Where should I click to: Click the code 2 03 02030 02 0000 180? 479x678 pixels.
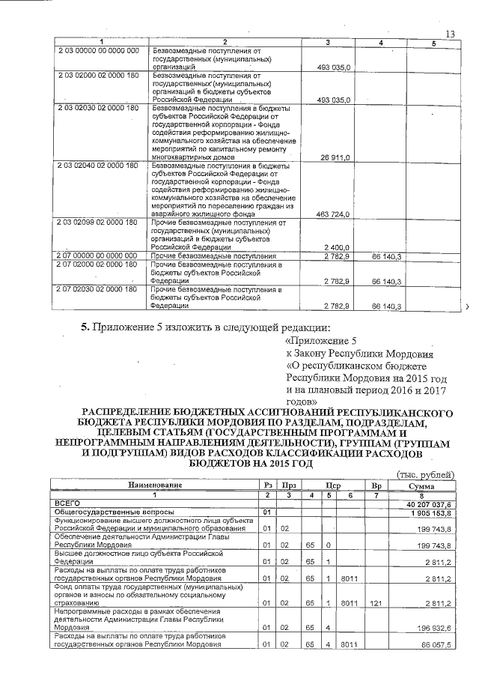click(x=98, y=108)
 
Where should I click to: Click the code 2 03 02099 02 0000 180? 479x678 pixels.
click(x=98, y=223)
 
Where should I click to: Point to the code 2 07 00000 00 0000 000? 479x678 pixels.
click(x=98, y=256)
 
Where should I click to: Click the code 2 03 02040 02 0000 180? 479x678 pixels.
click(x=98, y=165)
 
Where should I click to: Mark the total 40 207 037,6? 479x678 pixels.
click(x=427, y=503)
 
